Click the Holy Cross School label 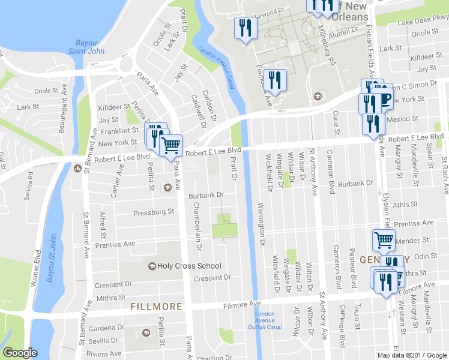point(189,266)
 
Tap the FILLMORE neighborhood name point(156,307)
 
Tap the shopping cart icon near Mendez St point(384,239)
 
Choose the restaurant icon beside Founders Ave point(275,80)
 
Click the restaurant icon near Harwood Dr point(246,28)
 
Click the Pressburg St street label point(154,212)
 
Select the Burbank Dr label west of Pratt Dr point(206,195)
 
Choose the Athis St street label point(405,205)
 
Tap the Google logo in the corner point(20,353)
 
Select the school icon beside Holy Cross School point(152,266)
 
